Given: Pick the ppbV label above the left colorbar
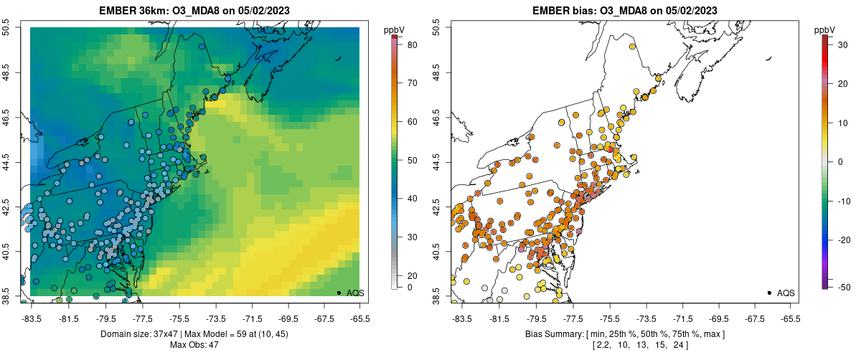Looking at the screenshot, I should [x=394, y=29].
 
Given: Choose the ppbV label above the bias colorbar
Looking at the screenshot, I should [x=824, y=29].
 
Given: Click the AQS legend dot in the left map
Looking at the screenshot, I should [x=339, y=293].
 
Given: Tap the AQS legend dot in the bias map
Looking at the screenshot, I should [x=769, y=293].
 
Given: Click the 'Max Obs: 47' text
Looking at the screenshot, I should [x=194, y=345].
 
